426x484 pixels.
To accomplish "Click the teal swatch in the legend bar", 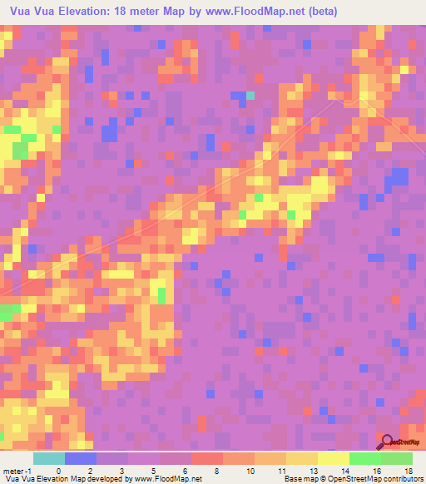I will click(x=49, y=458).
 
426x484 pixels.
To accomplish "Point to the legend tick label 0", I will click(x=57, y=470).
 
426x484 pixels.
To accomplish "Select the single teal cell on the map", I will click(x=250, y=96).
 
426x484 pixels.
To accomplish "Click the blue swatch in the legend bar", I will click(x=81, y=458).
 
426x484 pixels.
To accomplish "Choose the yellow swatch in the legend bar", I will click(x=333, y=458).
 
